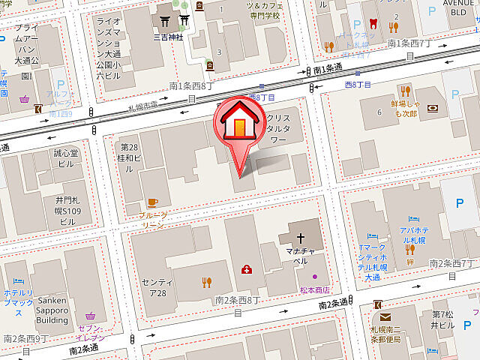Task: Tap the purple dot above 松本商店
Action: click(x=314, y=277)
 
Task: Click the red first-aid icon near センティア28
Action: click(x=246, y=269)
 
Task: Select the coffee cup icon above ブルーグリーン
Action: click(x=152, y=202)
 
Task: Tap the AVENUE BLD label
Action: click(x=458, y=7)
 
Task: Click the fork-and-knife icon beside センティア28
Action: click(x=207, y=282)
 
